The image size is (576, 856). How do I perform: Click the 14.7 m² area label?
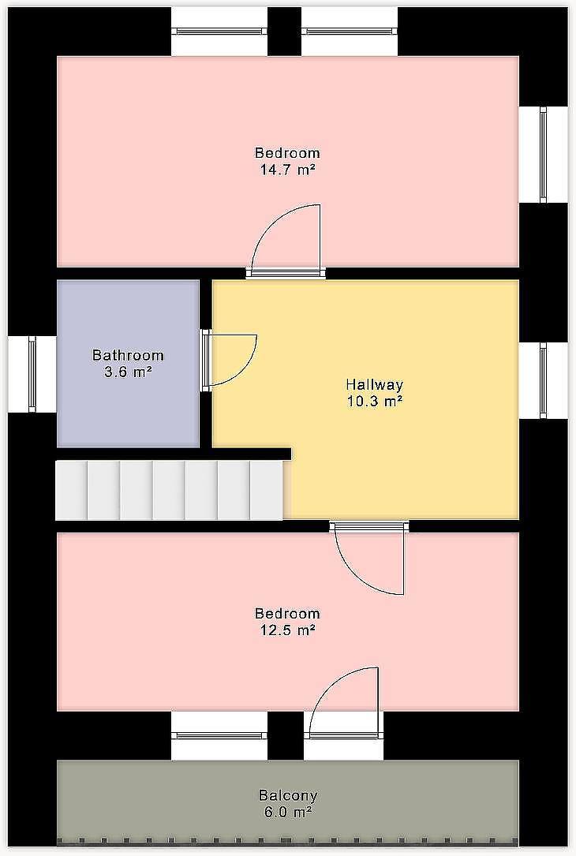tap(287, 170)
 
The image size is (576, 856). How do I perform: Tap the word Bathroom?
tap(128, 355)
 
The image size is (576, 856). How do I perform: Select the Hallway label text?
tap(375, 384)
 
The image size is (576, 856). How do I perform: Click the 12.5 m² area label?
tap(287, 630)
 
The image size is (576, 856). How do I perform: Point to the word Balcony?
tap(288, 795)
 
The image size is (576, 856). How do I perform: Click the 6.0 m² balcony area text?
tap(288, 812)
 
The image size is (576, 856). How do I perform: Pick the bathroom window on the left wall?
tap(32, 374)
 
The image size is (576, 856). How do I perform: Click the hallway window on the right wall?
tap(543, 380)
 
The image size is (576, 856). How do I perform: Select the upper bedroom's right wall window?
tap(543, 155)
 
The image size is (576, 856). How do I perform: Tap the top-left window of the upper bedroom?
tap(219, 32)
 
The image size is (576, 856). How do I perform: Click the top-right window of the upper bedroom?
tap(350, 32)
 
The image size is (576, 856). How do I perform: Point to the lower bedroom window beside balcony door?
tap(219, 735)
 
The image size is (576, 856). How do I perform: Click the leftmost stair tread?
tap(72, 490)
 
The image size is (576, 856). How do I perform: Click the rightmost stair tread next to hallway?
tap(267, 490)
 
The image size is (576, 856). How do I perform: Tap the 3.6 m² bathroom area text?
tap(128, 372)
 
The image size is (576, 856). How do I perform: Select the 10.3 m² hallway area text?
tap(375, 402)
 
